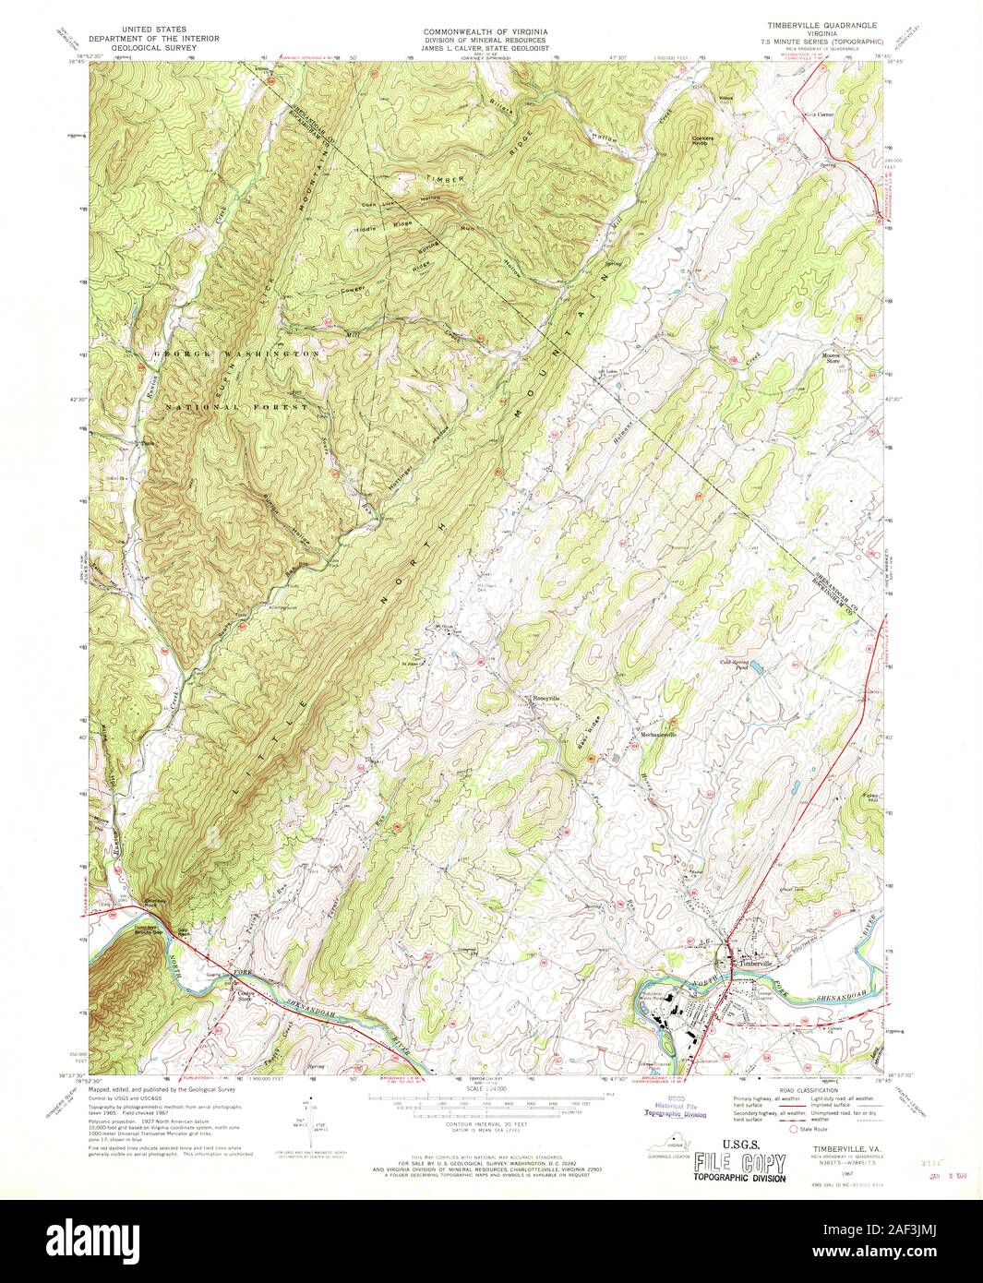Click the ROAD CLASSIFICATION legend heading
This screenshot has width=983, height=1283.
coord(800,1091)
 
